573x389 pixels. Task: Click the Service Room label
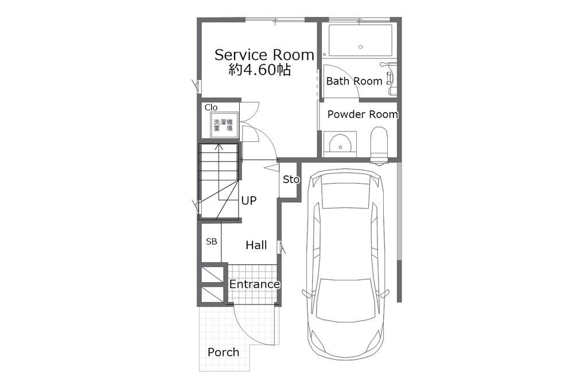(264, 55)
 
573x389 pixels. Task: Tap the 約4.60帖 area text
(260, 70)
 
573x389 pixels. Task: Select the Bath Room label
(354, 81)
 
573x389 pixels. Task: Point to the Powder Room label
(362, 114)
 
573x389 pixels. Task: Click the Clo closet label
(211, 107)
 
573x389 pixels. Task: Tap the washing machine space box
(223, 125)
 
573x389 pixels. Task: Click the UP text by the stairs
(249, 201)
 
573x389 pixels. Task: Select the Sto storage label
(291, 179)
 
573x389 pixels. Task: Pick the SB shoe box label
(212, 241)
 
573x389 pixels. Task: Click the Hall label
(256, 245)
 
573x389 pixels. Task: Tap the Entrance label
(255, 284)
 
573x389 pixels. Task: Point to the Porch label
(223, 352)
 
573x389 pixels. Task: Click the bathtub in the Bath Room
(360, 40)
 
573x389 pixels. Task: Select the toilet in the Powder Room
(379, 145)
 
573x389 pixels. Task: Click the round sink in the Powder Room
(340, 143)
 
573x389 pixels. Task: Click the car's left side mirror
(306, 294)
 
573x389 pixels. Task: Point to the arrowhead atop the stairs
(219, 147)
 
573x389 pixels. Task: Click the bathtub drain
(361, 47)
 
